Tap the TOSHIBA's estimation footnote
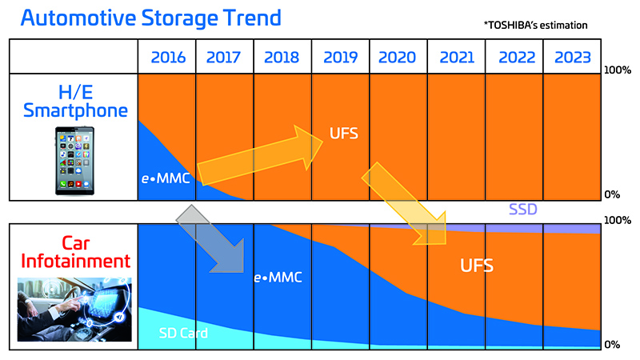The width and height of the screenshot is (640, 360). pos(535,26)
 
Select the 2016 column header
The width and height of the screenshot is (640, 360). pos(166,58)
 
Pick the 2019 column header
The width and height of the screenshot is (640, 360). pos(341,58)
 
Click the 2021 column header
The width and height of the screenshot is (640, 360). pos(457,58)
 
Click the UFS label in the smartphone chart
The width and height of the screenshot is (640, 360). pos(343,133)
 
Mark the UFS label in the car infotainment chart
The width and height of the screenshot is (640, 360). pos(477,266)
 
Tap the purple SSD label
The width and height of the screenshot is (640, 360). pos(522,210)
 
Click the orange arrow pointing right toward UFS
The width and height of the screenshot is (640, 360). pos(257,157)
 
